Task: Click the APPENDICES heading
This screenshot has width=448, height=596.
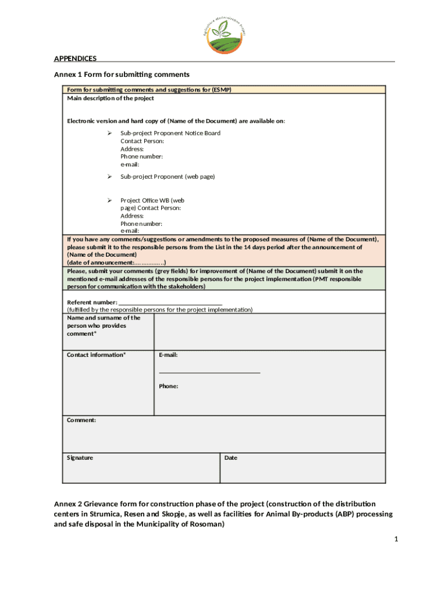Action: click(x=75, y=58)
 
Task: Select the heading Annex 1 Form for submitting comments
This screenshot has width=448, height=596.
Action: click(x=122, y=74)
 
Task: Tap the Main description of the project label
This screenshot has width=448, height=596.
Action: click(x=110, y=98)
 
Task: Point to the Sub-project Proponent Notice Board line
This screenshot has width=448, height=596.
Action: click(x=170, y=133)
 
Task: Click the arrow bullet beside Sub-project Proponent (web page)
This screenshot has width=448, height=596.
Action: click(x=108, y=176)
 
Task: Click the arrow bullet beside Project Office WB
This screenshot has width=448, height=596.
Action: click(x=108, y=200)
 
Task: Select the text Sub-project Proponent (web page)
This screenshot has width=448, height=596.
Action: click(x=168, y=176)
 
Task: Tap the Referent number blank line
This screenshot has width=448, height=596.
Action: click(x=170, y=303)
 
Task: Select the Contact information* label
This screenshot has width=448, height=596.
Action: click(x=96, y=355)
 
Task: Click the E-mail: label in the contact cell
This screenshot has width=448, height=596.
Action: click(x=168, y=355)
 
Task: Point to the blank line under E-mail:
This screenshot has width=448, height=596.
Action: click(x=209, y=372)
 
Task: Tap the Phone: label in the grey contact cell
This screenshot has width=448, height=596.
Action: click(x=168, y=386)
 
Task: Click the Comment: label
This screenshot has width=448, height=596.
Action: click(x=81, y=420)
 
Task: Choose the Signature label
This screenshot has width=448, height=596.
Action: click(x=80, y=458)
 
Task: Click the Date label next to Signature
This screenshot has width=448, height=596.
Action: click(x=230, y=458)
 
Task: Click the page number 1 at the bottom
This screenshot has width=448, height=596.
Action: click(x=395, y=540)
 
